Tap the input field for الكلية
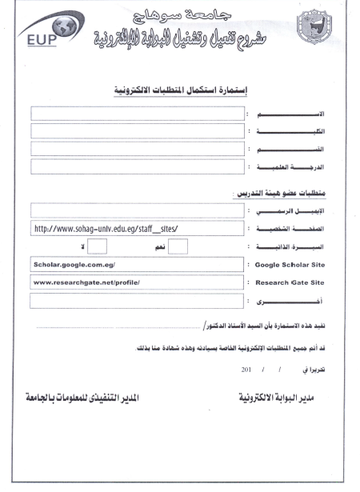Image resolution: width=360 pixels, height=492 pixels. tap(137, 130)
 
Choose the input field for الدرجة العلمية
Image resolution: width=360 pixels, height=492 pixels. tap(137, 167)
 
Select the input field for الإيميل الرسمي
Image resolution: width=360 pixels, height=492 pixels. tap(137, 210)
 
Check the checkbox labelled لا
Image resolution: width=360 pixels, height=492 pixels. tap(97, 247)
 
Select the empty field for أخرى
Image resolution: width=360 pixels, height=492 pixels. tap(137, 302)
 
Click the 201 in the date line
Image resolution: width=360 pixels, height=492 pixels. tap(247, 370)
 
